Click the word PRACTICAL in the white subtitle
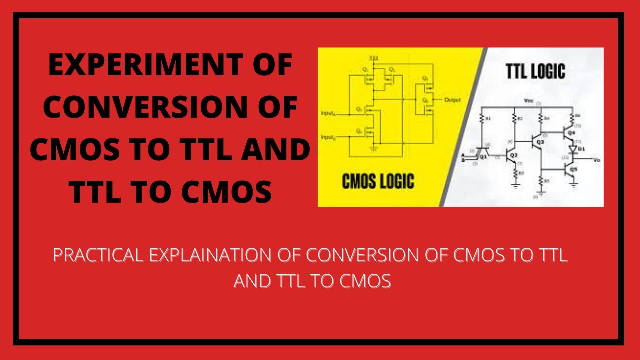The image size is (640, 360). (x=98, y=256)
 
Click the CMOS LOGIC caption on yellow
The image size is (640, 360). (x=378, y=181)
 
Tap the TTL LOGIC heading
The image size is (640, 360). (x=534, y=71)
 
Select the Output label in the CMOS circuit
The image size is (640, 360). (x=452, y=100)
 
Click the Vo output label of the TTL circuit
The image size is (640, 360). (x=596, y=160)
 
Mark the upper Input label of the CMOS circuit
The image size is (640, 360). (x=329, y=113)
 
